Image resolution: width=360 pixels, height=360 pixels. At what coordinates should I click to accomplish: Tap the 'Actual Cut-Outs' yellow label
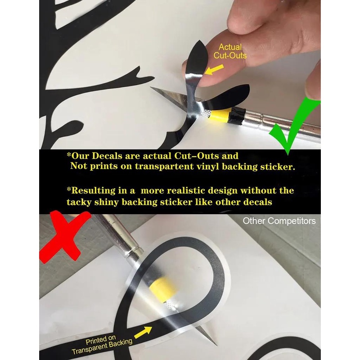pos(230,51)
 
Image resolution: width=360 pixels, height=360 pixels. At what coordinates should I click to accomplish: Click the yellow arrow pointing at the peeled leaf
pos(214,70)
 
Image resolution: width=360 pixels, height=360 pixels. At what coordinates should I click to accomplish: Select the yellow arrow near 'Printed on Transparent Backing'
pos(143,332)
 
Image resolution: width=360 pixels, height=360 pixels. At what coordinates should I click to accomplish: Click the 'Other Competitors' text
pos(279,221)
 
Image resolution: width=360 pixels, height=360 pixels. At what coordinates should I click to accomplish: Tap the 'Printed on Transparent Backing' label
pos(102,344)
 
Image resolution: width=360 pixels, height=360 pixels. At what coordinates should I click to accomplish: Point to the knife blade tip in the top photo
pos(151,87)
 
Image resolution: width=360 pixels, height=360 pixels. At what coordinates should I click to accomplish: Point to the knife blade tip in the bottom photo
pos(216,345)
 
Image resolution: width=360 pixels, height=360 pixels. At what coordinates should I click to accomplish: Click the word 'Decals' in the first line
pos(107,156)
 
